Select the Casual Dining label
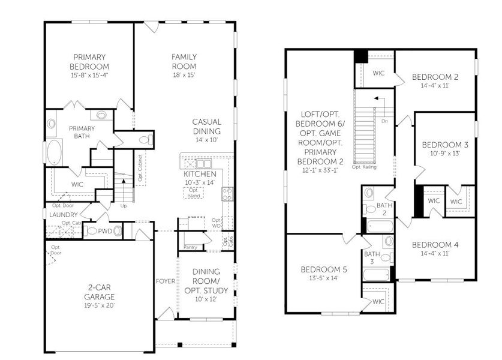[x=207, y=127]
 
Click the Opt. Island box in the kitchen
[x=193, y=193]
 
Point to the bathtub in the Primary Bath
[x=55, y=152]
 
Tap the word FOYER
[x=165, y=281]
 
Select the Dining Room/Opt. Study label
[x=206, y=281]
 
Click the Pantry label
[x=191, y=247]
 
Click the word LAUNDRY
[x=61, y=214]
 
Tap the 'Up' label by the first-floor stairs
[x=124, y=206]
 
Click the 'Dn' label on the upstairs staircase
[x=384, y=121]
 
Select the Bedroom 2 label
[x=435, y=77]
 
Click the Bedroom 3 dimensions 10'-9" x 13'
[x=444, y=153]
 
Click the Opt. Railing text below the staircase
[x=364, y=167]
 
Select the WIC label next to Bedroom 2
[x=378, y=73]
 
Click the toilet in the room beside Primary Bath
[x=143, y=140]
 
